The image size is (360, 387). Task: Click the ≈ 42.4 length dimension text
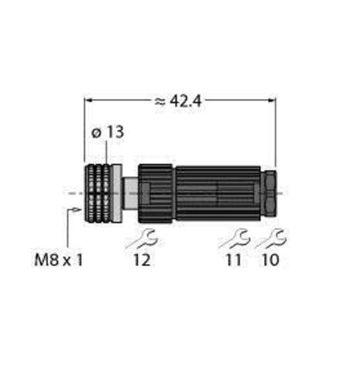pos(180,99)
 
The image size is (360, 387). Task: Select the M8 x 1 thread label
pos(62,258)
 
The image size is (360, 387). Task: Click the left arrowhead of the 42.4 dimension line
pos(88,99)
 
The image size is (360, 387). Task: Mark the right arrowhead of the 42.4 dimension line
pos(272,99)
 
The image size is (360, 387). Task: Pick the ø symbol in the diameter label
pos(96,132)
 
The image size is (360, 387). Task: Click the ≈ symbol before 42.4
pos(159,99)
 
